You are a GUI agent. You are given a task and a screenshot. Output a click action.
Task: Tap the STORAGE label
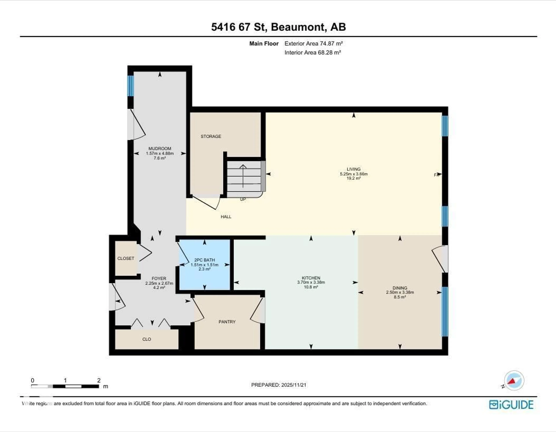(x=211, y=136)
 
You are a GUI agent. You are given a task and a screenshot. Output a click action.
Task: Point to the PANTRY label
(x=227, y=322)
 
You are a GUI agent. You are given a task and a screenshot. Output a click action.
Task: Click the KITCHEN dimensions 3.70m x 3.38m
(x=311, y=282)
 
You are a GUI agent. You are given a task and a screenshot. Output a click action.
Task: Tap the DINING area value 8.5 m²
(x=400, y=297)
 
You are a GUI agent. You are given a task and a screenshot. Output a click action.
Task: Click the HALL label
(x=226, y=217)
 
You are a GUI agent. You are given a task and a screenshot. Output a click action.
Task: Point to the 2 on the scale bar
(x=99, y=380)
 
